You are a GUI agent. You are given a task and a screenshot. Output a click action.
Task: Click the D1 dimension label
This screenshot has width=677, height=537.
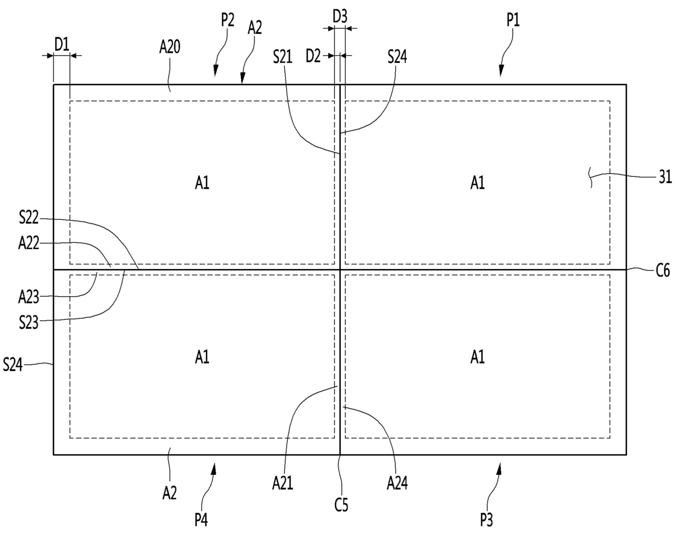click(x=62, y=44)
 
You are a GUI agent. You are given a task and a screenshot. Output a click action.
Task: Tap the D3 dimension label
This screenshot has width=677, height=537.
click(x=340, y=16)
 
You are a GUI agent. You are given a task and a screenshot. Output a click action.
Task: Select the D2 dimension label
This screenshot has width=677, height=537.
click(x=313, y=56)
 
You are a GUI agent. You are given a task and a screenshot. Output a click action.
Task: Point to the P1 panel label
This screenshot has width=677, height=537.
click(x=513, y=20)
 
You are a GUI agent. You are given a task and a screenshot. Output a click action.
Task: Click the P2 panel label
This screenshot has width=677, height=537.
click(x=228, y=20)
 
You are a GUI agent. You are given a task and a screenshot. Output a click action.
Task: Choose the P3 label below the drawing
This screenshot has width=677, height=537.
click(x=486, y=520)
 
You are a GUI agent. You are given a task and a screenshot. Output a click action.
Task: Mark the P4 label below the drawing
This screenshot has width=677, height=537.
click(x=201, y=520)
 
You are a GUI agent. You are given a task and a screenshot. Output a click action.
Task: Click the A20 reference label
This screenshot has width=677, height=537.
click(x=170, y=47)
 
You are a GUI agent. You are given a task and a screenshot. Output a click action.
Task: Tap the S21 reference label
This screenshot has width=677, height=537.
click(x=283, y=56)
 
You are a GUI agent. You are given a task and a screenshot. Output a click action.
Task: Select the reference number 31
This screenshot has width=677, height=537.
click(x=665, y=177)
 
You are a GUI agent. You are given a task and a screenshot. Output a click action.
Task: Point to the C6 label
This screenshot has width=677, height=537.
click(x=662, y=270)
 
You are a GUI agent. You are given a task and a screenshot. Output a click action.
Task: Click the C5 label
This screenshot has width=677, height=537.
click(x=341, y=506)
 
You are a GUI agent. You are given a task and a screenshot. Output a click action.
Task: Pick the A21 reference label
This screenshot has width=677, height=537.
click(x=283, y=483)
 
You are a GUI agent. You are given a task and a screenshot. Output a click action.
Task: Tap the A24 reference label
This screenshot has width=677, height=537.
click(x=397, y=483)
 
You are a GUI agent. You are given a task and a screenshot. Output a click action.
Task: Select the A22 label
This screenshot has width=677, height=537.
click(x=28, y=243)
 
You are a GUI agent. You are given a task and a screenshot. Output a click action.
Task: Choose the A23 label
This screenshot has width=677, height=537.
click(x=28, y=297)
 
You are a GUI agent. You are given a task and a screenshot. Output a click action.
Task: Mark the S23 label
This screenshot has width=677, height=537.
click(x=28, y=322)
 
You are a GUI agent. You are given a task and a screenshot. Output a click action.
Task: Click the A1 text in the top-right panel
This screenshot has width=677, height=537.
click(x=478, y=183)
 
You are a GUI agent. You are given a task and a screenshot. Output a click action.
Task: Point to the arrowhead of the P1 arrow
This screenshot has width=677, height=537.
click(x=501, y=73)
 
